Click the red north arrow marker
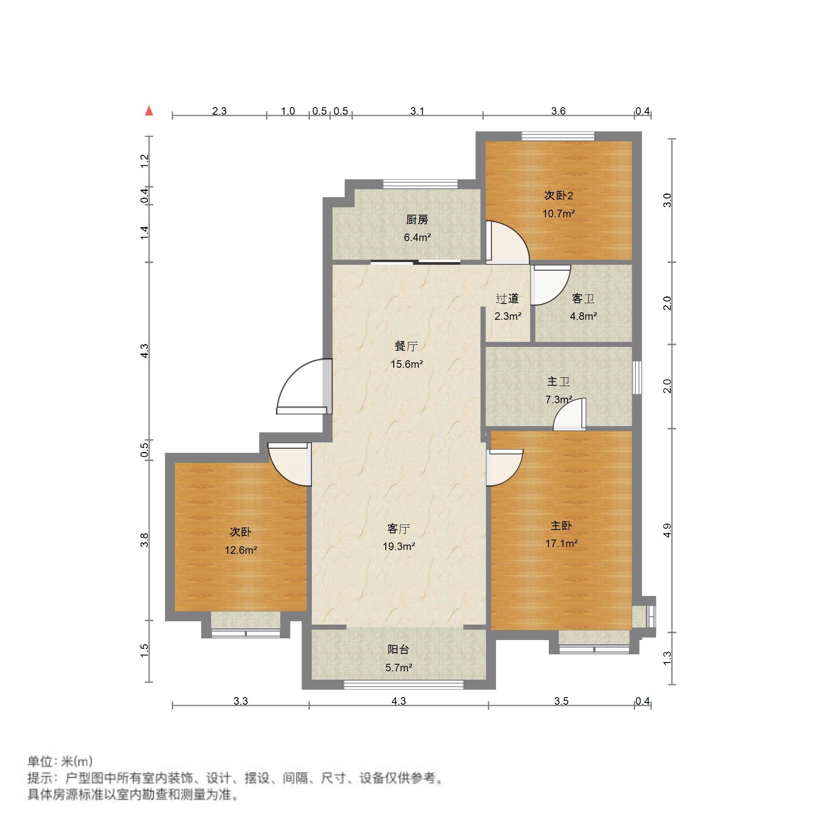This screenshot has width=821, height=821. [x=149, y=111]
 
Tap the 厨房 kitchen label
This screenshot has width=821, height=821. [x=417, y=220]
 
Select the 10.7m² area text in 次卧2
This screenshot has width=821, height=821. [x=558, y=213]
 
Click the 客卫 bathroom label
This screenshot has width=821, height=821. [x=583, y=298]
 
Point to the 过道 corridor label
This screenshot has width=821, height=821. [x=507, y=298]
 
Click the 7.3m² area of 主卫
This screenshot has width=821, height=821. [x=558, y=399]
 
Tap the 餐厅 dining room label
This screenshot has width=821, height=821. [x=406, y=346]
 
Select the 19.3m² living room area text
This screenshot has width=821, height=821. [x=399, y=547]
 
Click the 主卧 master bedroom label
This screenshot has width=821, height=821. [x=561, y=526]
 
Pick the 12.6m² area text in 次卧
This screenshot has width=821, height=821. [x=241, y=550]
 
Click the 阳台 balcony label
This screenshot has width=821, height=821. [x=399, y=650]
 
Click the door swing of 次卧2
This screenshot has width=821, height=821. [x=508, y=242]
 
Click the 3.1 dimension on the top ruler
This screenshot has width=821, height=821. [x=417, y=111]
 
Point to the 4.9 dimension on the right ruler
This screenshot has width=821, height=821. [x=667, y=530]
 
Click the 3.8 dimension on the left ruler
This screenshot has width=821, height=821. [x=145, y=540]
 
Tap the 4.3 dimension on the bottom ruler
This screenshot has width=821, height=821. [x=399, y=701]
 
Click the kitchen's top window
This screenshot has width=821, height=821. [x=420, y=184]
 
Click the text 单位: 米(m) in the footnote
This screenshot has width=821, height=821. [x=60, y=761]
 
